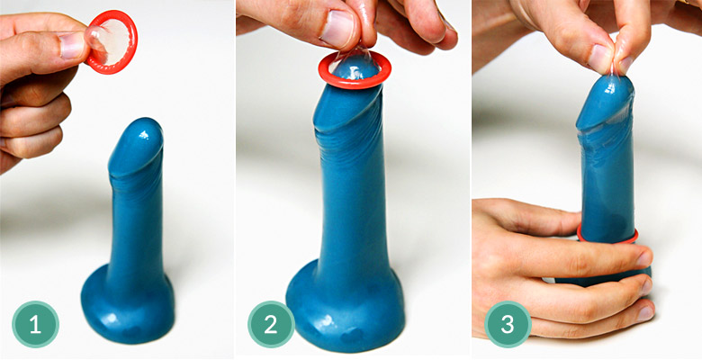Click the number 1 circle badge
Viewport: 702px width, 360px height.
click(x=35, y=324)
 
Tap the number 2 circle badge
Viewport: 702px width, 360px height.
click(x=271, y=324)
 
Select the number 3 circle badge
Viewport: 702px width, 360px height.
click(x=508, y=324)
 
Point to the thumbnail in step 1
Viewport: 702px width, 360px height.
click(x=72, y=45)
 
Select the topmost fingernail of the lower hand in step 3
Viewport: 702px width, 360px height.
click(x=644, y=259)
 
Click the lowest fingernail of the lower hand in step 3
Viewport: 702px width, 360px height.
click(x=644, y=313)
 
